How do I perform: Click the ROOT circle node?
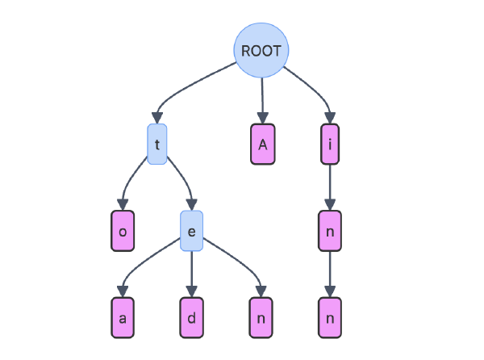pos(261,50)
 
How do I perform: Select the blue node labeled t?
pos(157,144)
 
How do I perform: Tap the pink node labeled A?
pos(262,144)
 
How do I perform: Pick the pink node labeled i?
pos(329,144)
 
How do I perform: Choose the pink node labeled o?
pos(123,231)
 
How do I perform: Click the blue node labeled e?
pos(191,231)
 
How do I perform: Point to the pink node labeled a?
pos(123,317)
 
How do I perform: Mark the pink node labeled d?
pos(191,317)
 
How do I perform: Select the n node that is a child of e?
pos(261,317)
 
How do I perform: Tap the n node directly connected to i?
pos(329,231)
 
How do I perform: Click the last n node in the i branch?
pos(329,317)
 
